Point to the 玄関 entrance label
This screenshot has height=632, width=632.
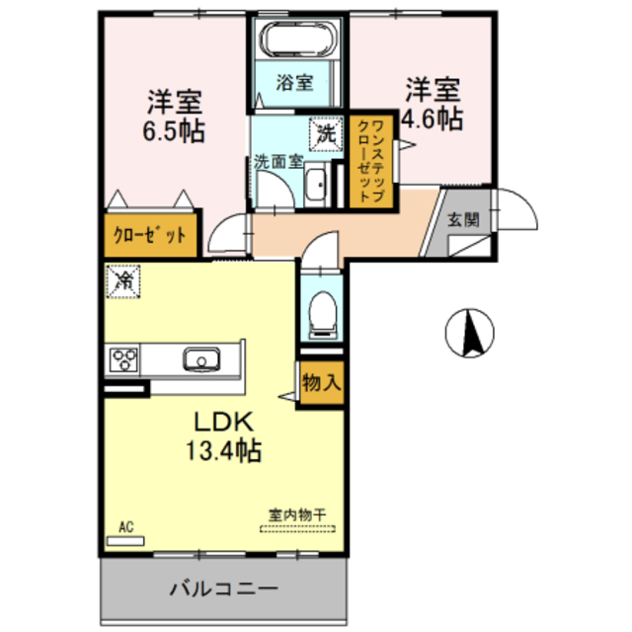pos(462,219)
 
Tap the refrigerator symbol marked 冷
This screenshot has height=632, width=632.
pos(123,281)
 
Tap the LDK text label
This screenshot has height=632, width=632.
pos(225,423)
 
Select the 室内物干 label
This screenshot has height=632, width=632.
pos(296,513)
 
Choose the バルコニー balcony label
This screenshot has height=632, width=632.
pos(223,590)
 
